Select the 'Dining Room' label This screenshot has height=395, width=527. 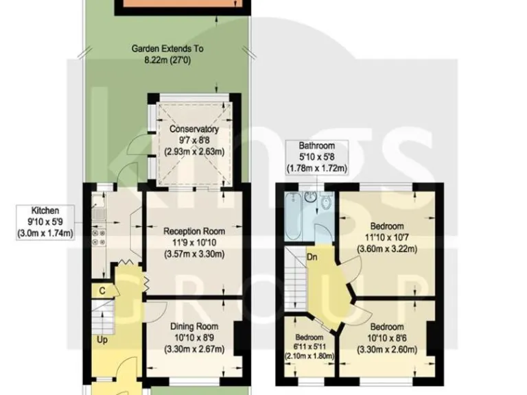(x=194, y=326)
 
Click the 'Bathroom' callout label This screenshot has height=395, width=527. (x=316, y=146)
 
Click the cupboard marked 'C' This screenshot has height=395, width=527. (x=102, y=291)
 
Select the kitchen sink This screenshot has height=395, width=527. (x=98, y=208)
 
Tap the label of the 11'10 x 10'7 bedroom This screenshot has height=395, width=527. (x=387, y=226)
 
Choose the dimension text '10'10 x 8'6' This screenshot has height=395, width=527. (x=386, y=338)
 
